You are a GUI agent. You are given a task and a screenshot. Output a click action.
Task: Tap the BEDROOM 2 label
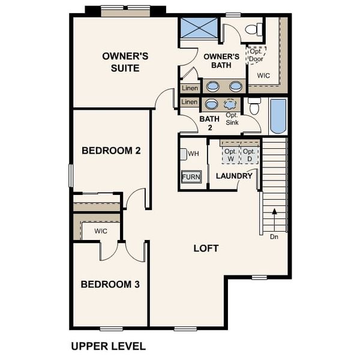(x=111, y=151)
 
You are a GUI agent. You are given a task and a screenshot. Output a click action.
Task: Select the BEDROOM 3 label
(x=110, y=284)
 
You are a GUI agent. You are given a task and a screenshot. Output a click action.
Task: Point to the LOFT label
(x=206, y=248)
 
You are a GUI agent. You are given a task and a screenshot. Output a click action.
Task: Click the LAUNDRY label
(x=234, y=176)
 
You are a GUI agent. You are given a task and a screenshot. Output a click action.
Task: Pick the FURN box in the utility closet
(x=191, y=177)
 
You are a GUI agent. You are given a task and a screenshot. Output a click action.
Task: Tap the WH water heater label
(x=193, y=154)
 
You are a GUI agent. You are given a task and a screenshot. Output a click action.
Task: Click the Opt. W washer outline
(x=230, y=154)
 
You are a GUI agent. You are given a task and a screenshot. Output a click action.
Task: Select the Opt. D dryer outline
(x=248, y=154)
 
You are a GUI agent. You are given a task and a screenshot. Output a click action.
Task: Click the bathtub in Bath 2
(x=278, y=116)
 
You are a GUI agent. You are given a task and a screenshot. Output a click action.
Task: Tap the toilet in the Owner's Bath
(x=255, y=28)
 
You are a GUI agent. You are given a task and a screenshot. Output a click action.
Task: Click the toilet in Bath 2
(x=254, y=107)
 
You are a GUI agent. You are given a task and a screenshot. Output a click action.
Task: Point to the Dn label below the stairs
(x=274, y=236)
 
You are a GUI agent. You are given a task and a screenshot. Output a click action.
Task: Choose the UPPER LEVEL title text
(x=108, y=346)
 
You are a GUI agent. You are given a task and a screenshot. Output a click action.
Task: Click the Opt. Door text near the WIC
(x=257, y=55)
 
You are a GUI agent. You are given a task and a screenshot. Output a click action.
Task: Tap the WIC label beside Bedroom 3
(x=100, y=231)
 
